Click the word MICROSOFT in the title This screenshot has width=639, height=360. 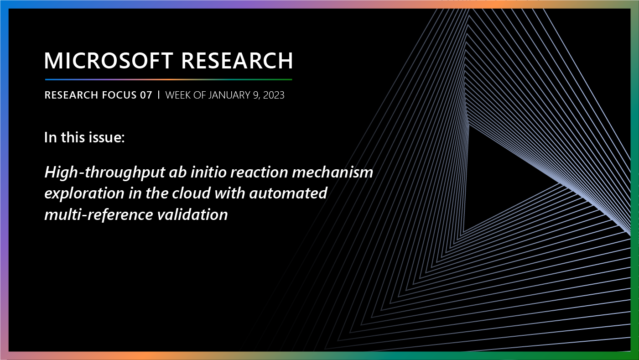(x=109, y=61)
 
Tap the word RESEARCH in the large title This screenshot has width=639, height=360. (x=237, y=61)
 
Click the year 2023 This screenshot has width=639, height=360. (x=273, y=95)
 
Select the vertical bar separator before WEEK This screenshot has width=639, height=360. (x=159, y=95)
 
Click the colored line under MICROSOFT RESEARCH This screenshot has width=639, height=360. (x=168, y=79)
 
